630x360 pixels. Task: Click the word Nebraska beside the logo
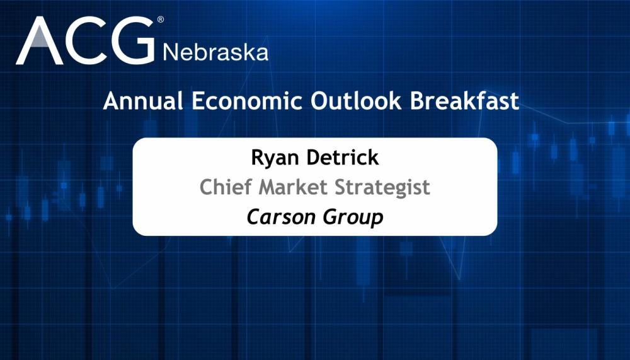point(215,52)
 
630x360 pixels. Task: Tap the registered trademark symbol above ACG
point(160,20)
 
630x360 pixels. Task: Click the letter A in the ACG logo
point(39,42)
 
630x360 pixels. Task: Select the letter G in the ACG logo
point(133,42)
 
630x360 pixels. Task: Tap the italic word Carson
point(275,217)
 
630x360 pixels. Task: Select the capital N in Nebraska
point(170,52)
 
